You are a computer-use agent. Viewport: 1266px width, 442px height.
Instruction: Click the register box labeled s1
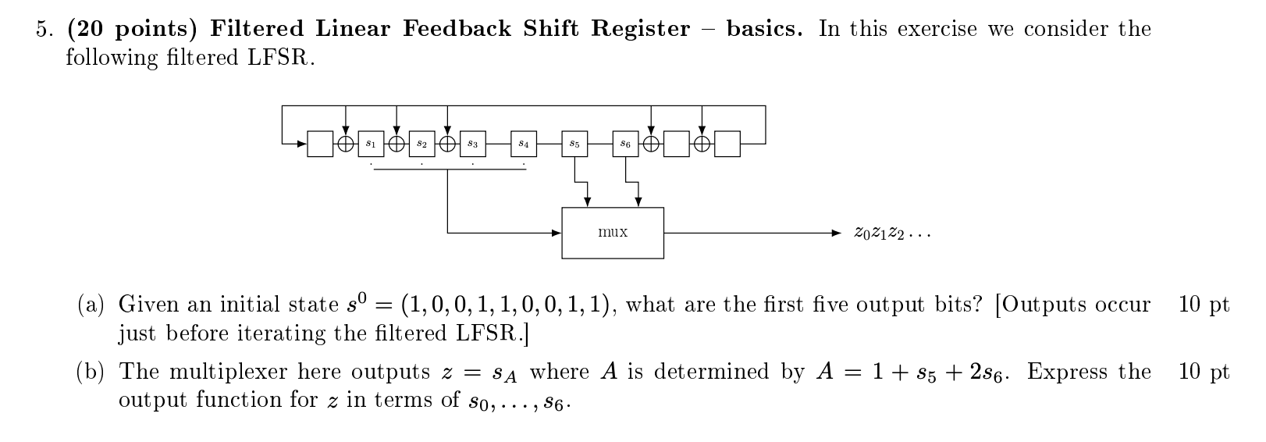pos(371,144)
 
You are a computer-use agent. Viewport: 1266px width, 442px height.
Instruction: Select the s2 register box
pos(421,144)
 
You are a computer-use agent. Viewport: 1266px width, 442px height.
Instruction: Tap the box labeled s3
pos(472,144)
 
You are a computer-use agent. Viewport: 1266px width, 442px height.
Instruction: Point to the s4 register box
pos(524,144)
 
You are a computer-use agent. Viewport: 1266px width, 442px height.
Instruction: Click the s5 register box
pos(574,144)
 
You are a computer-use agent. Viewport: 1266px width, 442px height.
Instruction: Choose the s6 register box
pos(625,144)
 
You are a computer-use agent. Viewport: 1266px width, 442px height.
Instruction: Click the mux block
pos(613,233)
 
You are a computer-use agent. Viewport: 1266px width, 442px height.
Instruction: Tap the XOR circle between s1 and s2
pos(397,144)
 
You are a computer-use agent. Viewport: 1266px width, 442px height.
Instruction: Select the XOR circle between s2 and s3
pos(447,144)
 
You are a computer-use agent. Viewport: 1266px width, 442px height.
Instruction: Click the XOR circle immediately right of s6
pos(651,144)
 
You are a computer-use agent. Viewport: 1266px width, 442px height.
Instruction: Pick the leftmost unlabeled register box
pos(320,144)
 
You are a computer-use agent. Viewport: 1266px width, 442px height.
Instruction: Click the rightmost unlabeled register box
pos(727,144)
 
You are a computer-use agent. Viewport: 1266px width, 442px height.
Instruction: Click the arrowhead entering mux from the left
pos(557,233)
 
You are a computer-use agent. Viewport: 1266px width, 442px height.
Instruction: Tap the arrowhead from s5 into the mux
pos(588,203)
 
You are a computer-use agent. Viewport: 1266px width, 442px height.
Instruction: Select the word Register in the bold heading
pos(640,30)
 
